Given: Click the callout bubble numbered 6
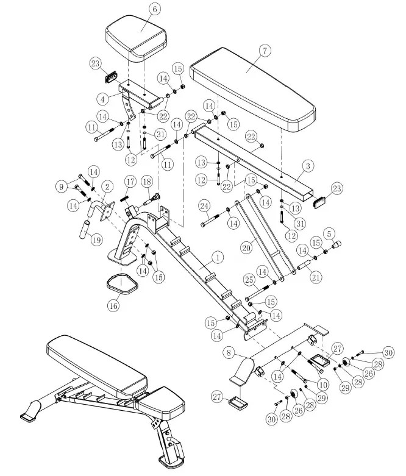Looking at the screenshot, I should coord(154,9).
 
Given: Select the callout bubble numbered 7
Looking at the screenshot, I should coord(265,51).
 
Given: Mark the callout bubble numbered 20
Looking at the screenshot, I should coord(246,249).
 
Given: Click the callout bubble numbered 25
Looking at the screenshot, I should coord(249,280).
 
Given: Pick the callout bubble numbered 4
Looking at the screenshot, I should coord(104,98).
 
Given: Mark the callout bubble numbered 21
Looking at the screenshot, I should coord(315,278).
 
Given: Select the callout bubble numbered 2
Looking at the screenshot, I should coord(107,186).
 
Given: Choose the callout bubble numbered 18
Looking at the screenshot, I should coord(146,182).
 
